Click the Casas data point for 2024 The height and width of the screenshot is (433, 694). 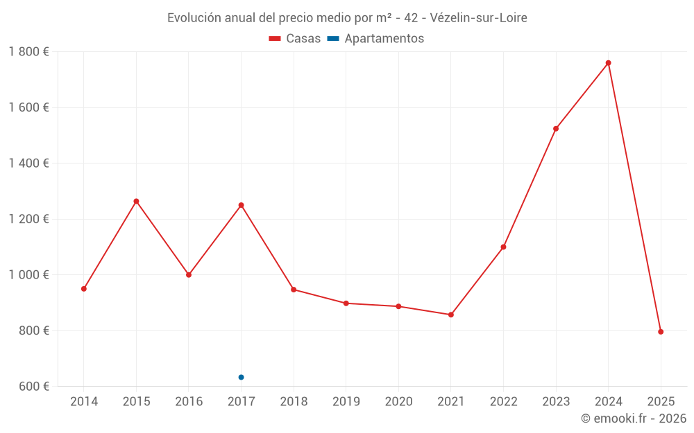point(608,63)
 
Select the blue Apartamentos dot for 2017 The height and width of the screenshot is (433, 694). point(241,377)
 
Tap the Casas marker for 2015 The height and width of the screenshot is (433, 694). point(136,202)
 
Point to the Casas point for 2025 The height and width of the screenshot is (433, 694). point(661,332)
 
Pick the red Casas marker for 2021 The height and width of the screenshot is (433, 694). point(451,315)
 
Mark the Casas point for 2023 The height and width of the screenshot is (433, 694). point(556,129)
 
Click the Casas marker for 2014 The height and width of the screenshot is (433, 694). point(84,289)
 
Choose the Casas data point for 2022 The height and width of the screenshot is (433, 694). point(503,247)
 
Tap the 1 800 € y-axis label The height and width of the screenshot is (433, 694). point(29,52)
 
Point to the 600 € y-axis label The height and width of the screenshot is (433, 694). point(33,387)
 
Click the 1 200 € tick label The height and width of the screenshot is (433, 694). point(29,219)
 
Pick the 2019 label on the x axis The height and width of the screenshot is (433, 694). point(346,402)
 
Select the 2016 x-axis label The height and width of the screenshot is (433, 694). point(189,402)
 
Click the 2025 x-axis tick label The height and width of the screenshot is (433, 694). point(661,402)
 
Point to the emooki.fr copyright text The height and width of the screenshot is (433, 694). point(633,418)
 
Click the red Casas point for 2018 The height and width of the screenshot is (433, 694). point(294,290)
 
